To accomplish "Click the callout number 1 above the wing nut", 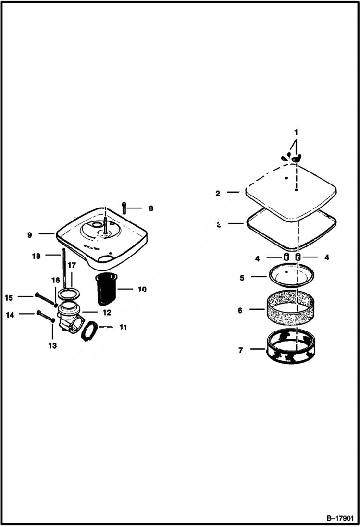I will click(296, 132).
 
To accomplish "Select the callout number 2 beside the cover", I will click(218, 194).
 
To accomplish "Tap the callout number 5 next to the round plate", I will click(242, 278).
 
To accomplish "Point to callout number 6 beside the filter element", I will click(240, 311).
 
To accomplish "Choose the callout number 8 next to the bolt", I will click(150, 208).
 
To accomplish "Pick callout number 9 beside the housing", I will click(30, 235).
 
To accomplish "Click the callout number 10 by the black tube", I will click(142, 289).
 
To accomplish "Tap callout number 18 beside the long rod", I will click(36, 256).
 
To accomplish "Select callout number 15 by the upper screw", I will click(9, 298).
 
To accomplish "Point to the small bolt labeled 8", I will click(124, 207).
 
